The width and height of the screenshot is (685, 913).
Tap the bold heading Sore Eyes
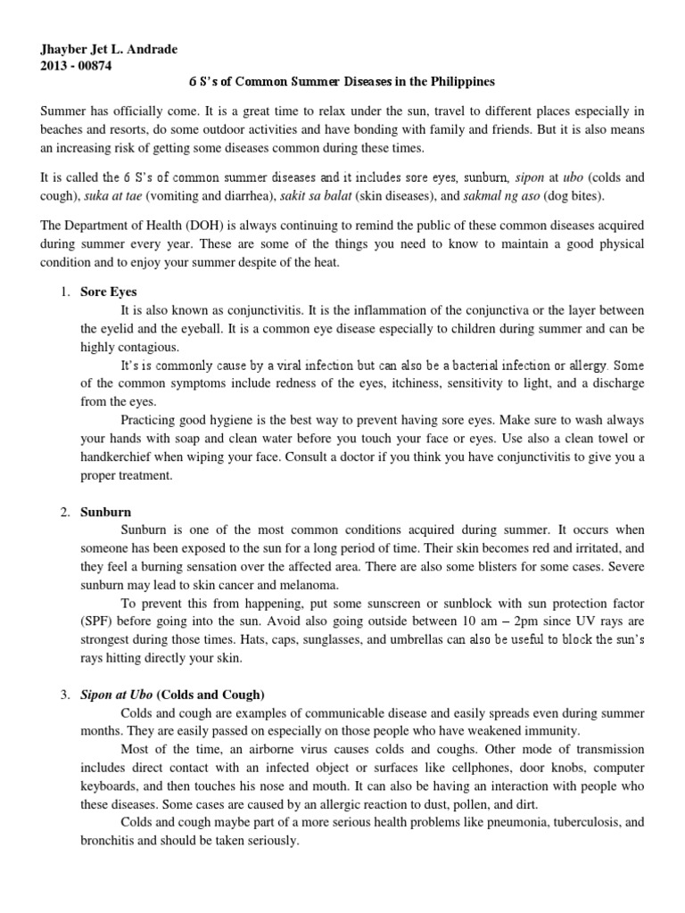109,292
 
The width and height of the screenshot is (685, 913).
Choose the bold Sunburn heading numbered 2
106,513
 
